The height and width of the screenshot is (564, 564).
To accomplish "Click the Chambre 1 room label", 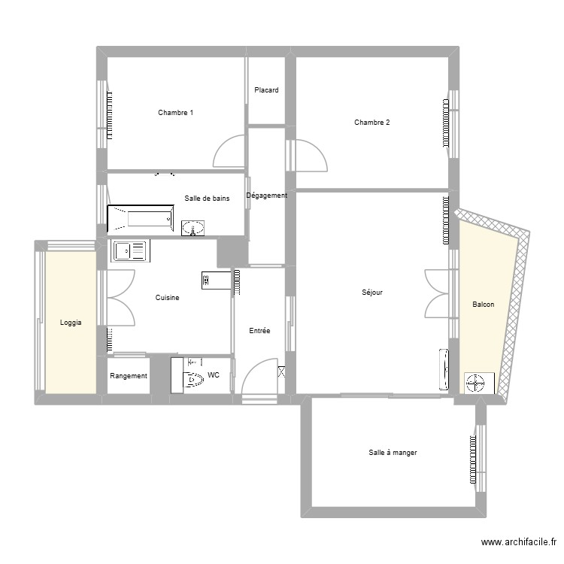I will [175, 113].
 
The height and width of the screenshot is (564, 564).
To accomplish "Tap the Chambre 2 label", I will [371, 123].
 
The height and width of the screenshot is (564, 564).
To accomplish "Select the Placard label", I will [266, 90].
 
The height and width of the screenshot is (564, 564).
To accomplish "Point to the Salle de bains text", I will [207, 199].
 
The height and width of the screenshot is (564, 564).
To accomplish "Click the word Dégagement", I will [267, 196].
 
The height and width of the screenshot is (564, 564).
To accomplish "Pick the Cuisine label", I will [167, 298].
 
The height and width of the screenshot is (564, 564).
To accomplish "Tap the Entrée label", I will [259, 331].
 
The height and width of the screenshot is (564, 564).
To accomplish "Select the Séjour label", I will [371, 293].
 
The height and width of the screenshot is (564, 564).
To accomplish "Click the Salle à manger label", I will [393, 453].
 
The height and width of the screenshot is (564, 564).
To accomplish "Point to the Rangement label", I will [129, 376].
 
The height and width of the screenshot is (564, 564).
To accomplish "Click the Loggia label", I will [71, 323].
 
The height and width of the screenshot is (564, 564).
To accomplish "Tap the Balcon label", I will [483, 305].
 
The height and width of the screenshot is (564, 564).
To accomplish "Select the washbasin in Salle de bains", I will [194, 228].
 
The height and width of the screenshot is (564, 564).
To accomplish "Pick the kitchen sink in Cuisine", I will [130, 250].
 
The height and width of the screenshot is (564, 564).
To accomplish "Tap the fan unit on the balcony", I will [475, 384].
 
